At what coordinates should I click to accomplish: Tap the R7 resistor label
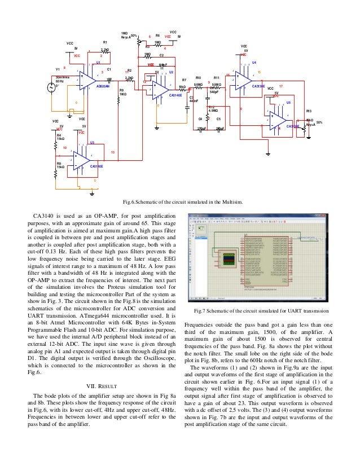[184, 80]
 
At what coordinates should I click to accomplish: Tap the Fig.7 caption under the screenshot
[261, 311]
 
